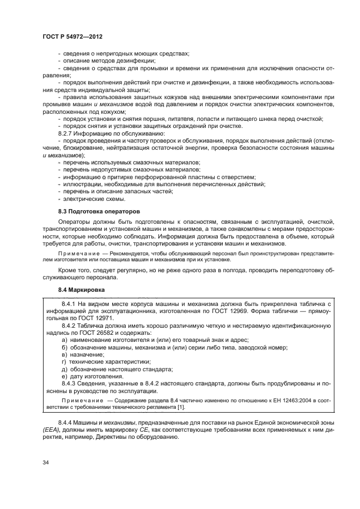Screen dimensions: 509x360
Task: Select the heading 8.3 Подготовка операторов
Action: tap(91, 210)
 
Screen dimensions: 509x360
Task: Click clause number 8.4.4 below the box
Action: tap(67, 422)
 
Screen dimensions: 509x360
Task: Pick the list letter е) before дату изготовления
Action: tap(64, 377)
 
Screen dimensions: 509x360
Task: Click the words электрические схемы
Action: tap(88, 199)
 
